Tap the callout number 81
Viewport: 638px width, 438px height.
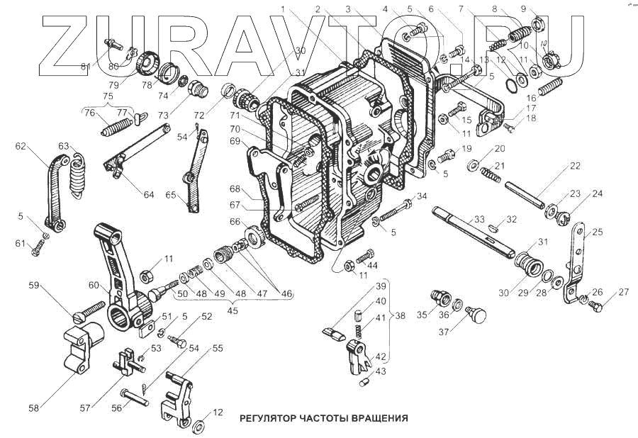(x=84, y=67)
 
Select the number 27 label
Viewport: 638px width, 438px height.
(x=623, y=292)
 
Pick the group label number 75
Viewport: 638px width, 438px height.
(x=108, y=97)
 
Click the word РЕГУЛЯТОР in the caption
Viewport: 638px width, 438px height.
(x=269, y=417)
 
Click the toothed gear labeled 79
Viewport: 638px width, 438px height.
(x=146, y=63)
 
